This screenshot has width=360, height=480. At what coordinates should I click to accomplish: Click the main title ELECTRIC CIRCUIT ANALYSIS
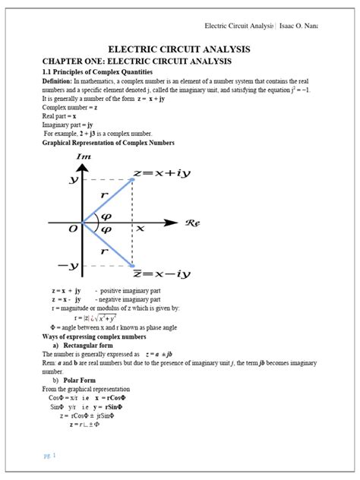click(179, 49)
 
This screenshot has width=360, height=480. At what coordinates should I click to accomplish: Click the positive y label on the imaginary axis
click(73, 180)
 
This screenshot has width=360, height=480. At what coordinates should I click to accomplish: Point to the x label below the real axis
click(140, 228)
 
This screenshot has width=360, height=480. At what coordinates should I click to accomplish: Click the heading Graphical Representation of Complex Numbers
click(108, 143)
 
